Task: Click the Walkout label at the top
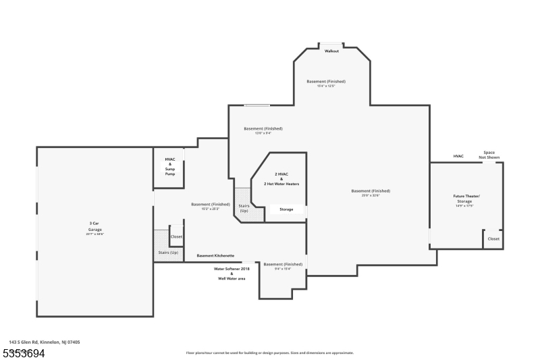coord(331,51)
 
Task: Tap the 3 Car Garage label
coord(94,226)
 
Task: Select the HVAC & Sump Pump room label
coord(170,167)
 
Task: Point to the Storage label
coord(286,209)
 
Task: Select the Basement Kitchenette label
coord(215,256)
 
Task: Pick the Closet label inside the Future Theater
coord(493,238)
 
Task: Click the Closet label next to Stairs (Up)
coord(176,236)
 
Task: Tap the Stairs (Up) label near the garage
coord(168,253)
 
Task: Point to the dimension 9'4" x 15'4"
coord(283,269)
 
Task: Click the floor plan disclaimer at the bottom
coord(269,353)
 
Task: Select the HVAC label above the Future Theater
coord(458,156)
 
